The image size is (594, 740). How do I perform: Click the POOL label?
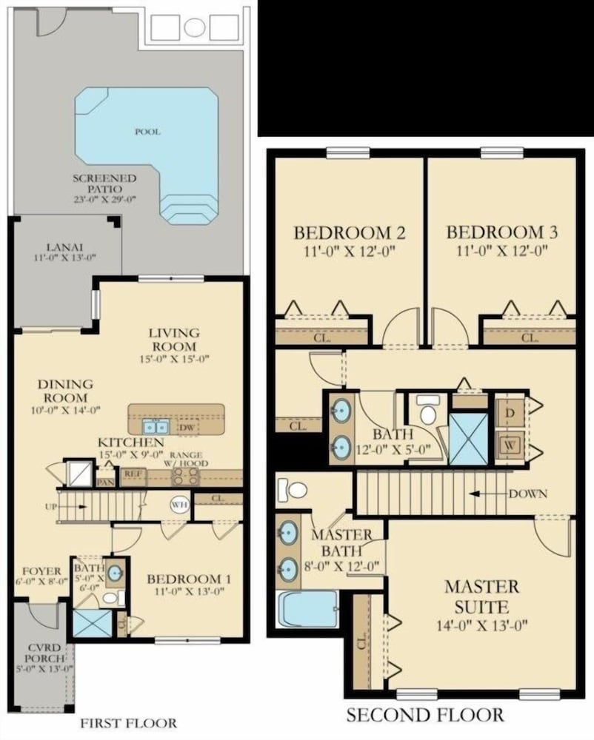[147, 132]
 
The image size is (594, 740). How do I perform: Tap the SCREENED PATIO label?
[104, 184]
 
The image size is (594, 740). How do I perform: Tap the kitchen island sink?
[156, 427]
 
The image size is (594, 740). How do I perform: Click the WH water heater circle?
[180, 505]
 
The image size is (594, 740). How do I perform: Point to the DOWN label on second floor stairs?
[527, 494]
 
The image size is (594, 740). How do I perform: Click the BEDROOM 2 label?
[349, 232]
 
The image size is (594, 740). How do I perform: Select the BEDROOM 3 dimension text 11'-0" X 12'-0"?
[501, 250]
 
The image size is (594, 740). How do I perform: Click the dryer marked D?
[510, 411]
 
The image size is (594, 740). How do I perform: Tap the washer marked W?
[510, 445]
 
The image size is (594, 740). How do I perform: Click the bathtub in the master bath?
[307, 608]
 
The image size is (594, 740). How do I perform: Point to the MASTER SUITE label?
[481, 596]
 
